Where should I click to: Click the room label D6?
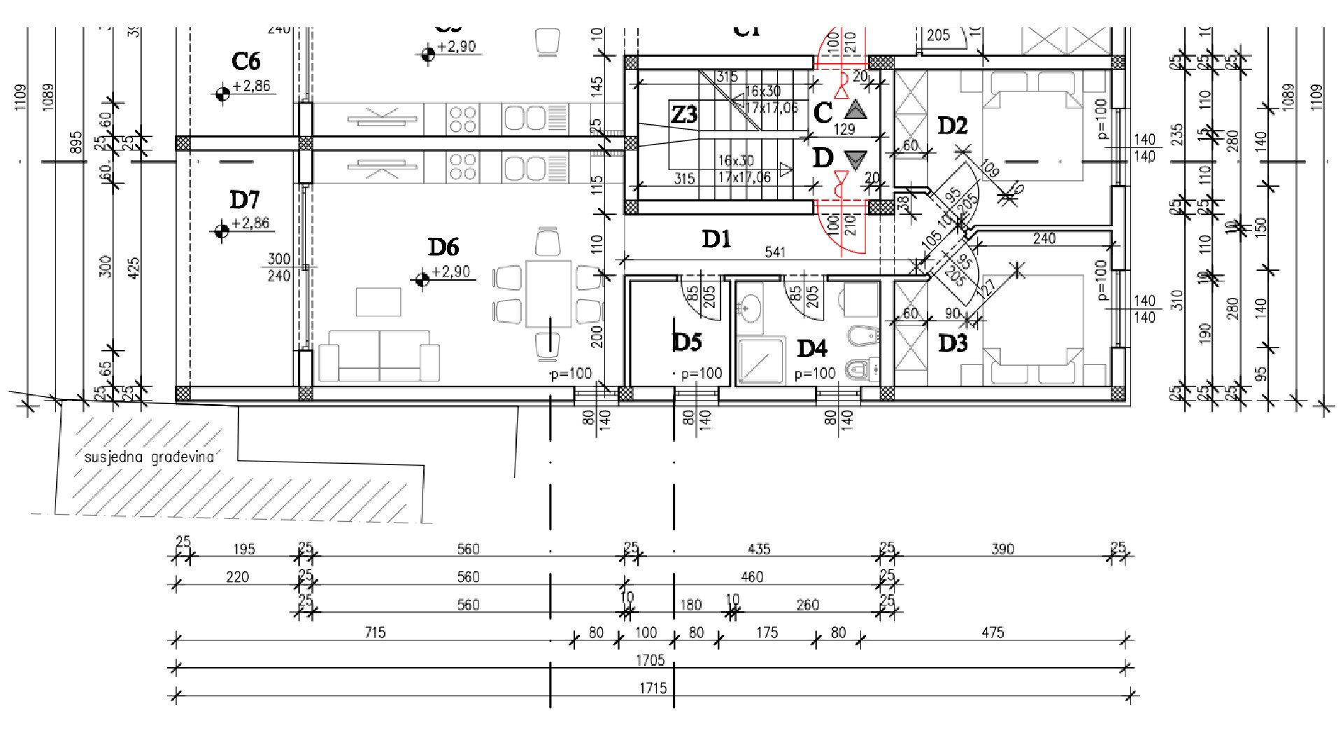pos(443,247)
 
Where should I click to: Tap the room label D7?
pos(244,200)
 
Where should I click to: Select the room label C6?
pos(246,62)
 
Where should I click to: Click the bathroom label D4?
pos(812,348)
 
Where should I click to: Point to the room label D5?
pos(686,342)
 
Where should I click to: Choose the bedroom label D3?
pos(952,344)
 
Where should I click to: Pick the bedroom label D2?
pos(952,126)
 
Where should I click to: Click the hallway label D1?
pos(716,239)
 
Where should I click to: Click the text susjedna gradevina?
pos(148,458)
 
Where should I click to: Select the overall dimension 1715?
pos(652,688)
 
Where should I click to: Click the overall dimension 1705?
pos(650,660)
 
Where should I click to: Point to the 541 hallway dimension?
pos(775,252)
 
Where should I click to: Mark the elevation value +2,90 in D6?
pos(451,272)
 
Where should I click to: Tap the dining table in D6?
pos(548,294)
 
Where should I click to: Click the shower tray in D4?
pos(760,361)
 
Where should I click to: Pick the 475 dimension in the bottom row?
pos(993,632)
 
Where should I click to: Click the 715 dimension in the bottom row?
pos(375,632)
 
